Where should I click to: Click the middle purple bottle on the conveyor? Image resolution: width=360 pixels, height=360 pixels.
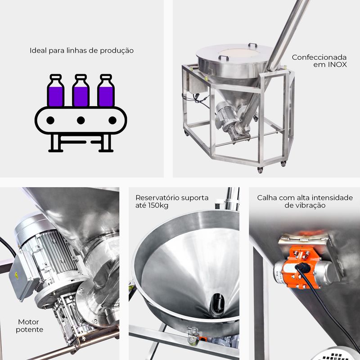tap(81, 90)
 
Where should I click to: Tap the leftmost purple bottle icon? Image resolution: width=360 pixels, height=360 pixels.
tap(55, 90)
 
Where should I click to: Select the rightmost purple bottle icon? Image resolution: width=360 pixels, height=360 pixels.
tap(106, 90)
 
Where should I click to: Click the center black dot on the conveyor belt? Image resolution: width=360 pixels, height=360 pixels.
tap(81, 120)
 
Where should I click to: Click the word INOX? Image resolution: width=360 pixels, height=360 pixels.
tap(337, 65)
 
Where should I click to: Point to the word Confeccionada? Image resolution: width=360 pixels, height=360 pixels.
tap(319, 57)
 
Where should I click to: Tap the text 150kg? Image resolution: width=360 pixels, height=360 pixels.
tap(159, 206)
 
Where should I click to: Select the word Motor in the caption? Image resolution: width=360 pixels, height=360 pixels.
tap(28, 322)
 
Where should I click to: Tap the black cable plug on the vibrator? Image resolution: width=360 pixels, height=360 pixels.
tap(303, 267)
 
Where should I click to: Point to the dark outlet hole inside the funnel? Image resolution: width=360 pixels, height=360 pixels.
tap(217, 304)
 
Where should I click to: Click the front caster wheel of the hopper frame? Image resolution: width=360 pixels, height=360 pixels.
tap(260, 170)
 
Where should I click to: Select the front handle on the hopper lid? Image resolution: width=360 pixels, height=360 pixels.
tap(224, 58)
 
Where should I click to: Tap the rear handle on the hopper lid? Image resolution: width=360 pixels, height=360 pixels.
tap(252, 45)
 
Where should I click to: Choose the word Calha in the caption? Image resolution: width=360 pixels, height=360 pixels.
tap(265, 198)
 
